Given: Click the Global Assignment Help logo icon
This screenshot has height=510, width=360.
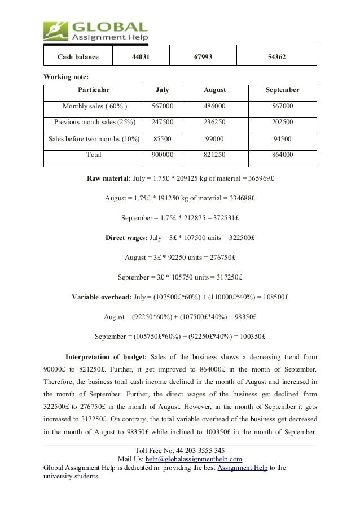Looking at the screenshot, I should [x=57, y=31].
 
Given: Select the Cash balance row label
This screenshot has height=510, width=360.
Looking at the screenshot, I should [x=78, y=57].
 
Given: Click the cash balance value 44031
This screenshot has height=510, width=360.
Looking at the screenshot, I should [x=141, y=57].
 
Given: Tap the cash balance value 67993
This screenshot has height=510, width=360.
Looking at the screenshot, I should [x=203, y=57].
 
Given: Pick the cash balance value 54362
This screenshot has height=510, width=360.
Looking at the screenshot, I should [x=276, y=57].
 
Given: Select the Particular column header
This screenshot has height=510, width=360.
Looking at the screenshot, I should [x=94, y=90].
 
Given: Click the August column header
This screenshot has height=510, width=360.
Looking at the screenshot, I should [x=214, y=90].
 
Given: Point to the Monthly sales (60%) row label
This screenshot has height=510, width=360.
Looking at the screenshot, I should [x=94, y=106].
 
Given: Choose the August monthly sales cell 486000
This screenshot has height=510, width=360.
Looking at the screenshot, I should [x=214, y=106].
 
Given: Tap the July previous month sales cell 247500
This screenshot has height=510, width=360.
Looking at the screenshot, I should [x=162, y=122].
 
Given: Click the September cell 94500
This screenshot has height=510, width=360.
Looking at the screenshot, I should [x=282, y=138].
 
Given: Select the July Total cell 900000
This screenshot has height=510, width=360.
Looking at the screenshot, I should [x=162, y=153].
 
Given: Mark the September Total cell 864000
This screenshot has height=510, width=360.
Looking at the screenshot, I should [x=282, y=153].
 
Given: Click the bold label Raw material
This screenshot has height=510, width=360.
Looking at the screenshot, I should [x=108, y=178].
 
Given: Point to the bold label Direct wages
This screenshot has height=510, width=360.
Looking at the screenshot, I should [x=126, y=238].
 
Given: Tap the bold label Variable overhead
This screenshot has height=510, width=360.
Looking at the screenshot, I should [x=102, y=297].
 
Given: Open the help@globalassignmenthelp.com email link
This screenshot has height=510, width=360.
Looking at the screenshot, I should [x=194, y=459].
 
